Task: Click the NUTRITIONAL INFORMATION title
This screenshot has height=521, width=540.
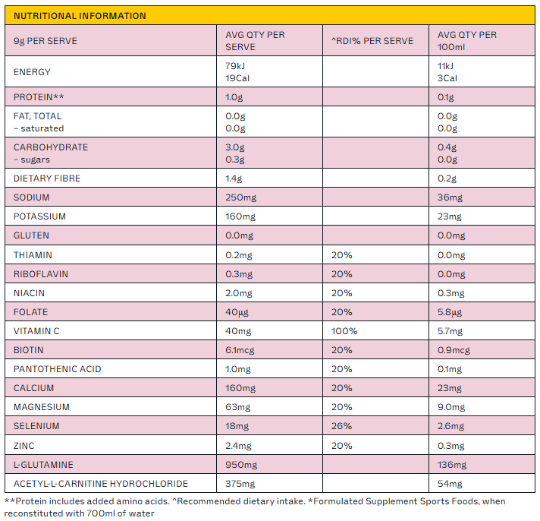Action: [x=80, y=16]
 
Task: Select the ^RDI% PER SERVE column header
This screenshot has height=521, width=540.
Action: [x=372, y=41]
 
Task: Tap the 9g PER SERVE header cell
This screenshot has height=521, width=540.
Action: [x=45, y=41]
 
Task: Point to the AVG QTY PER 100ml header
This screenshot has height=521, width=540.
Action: [x=467, y=41]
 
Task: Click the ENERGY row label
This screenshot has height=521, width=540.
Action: [x=32, y=72]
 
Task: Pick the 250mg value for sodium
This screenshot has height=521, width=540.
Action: [x=241, y=197]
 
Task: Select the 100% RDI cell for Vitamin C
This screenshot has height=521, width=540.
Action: [x=344, y=331]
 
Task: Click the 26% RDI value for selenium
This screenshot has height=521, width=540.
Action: [x=341, y=426]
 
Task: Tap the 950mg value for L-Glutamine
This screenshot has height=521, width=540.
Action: [x=241, y=465]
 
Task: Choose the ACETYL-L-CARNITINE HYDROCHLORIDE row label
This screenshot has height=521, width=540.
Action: [x=101, y=484]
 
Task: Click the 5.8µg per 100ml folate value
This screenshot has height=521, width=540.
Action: [x=450, y=312]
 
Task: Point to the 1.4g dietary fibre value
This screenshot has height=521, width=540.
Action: [x=234, y=178]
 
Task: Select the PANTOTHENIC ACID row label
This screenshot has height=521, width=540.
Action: [x=58, y=369]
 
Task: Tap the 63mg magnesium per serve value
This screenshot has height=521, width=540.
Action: [x=238, y=407]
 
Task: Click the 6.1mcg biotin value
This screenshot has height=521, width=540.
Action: [x=240, y=350]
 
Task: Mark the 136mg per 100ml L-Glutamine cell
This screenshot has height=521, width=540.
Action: [x=452, y=465]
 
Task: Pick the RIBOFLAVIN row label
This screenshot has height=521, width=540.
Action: [x=41, y=274]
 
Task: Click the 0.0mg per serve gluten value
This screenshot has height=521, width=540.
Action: [x=240, y=235]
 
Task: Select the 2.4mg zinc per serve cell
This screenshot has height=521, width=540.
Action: [x=238, y=446]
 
